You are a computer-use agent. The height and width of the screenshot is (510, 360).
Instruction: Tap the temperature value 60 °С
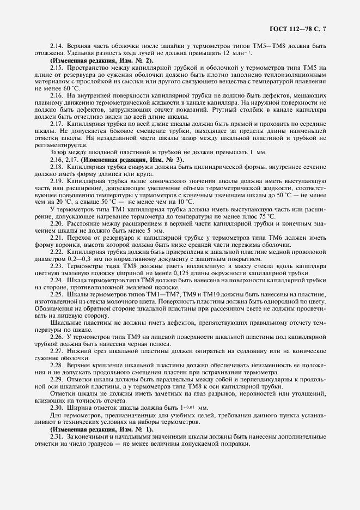click(x=71, y=88)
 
